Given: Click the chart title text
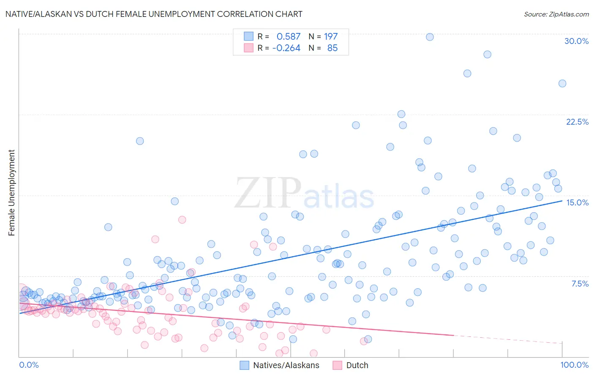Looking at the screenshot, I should (154, 14).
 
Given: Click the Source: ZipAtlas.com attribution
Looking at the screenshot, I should (556, 14).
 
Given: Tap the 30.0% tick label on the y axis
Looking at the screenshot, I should (576, 41).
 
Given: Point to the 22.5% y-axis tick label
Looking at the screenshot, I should (577, 122).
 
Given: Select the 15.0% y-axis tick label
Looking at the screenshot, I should (577, 202).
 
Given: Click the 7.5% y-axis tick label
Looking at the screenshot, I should (580, 284).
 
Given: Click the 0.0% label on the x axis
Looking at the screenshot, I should (29, 365).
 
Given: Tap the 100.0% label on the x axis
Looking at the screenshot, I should (574, 365).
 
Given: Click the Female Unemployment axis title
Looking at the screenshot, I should (12, 192).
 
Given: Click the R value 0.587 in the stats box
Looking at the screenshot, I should (289, 36).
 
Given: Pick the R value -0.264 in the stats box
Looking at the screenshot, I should (286, 48).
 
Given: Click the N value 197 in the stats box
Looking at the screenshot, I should (331, 36).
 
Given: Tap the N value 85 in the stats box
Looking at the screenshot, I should (332, 48).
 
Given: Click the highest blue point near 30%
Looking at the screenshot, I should (430, 37).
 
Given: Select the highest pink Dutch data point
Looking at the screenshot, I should (182, 219).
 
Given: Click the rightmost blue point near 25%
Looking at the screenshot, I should (562, 83).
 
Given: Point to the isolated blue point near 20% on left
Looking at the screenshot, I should (140, 141).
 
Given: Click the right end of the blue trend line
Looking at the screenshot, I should (562, 201).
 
